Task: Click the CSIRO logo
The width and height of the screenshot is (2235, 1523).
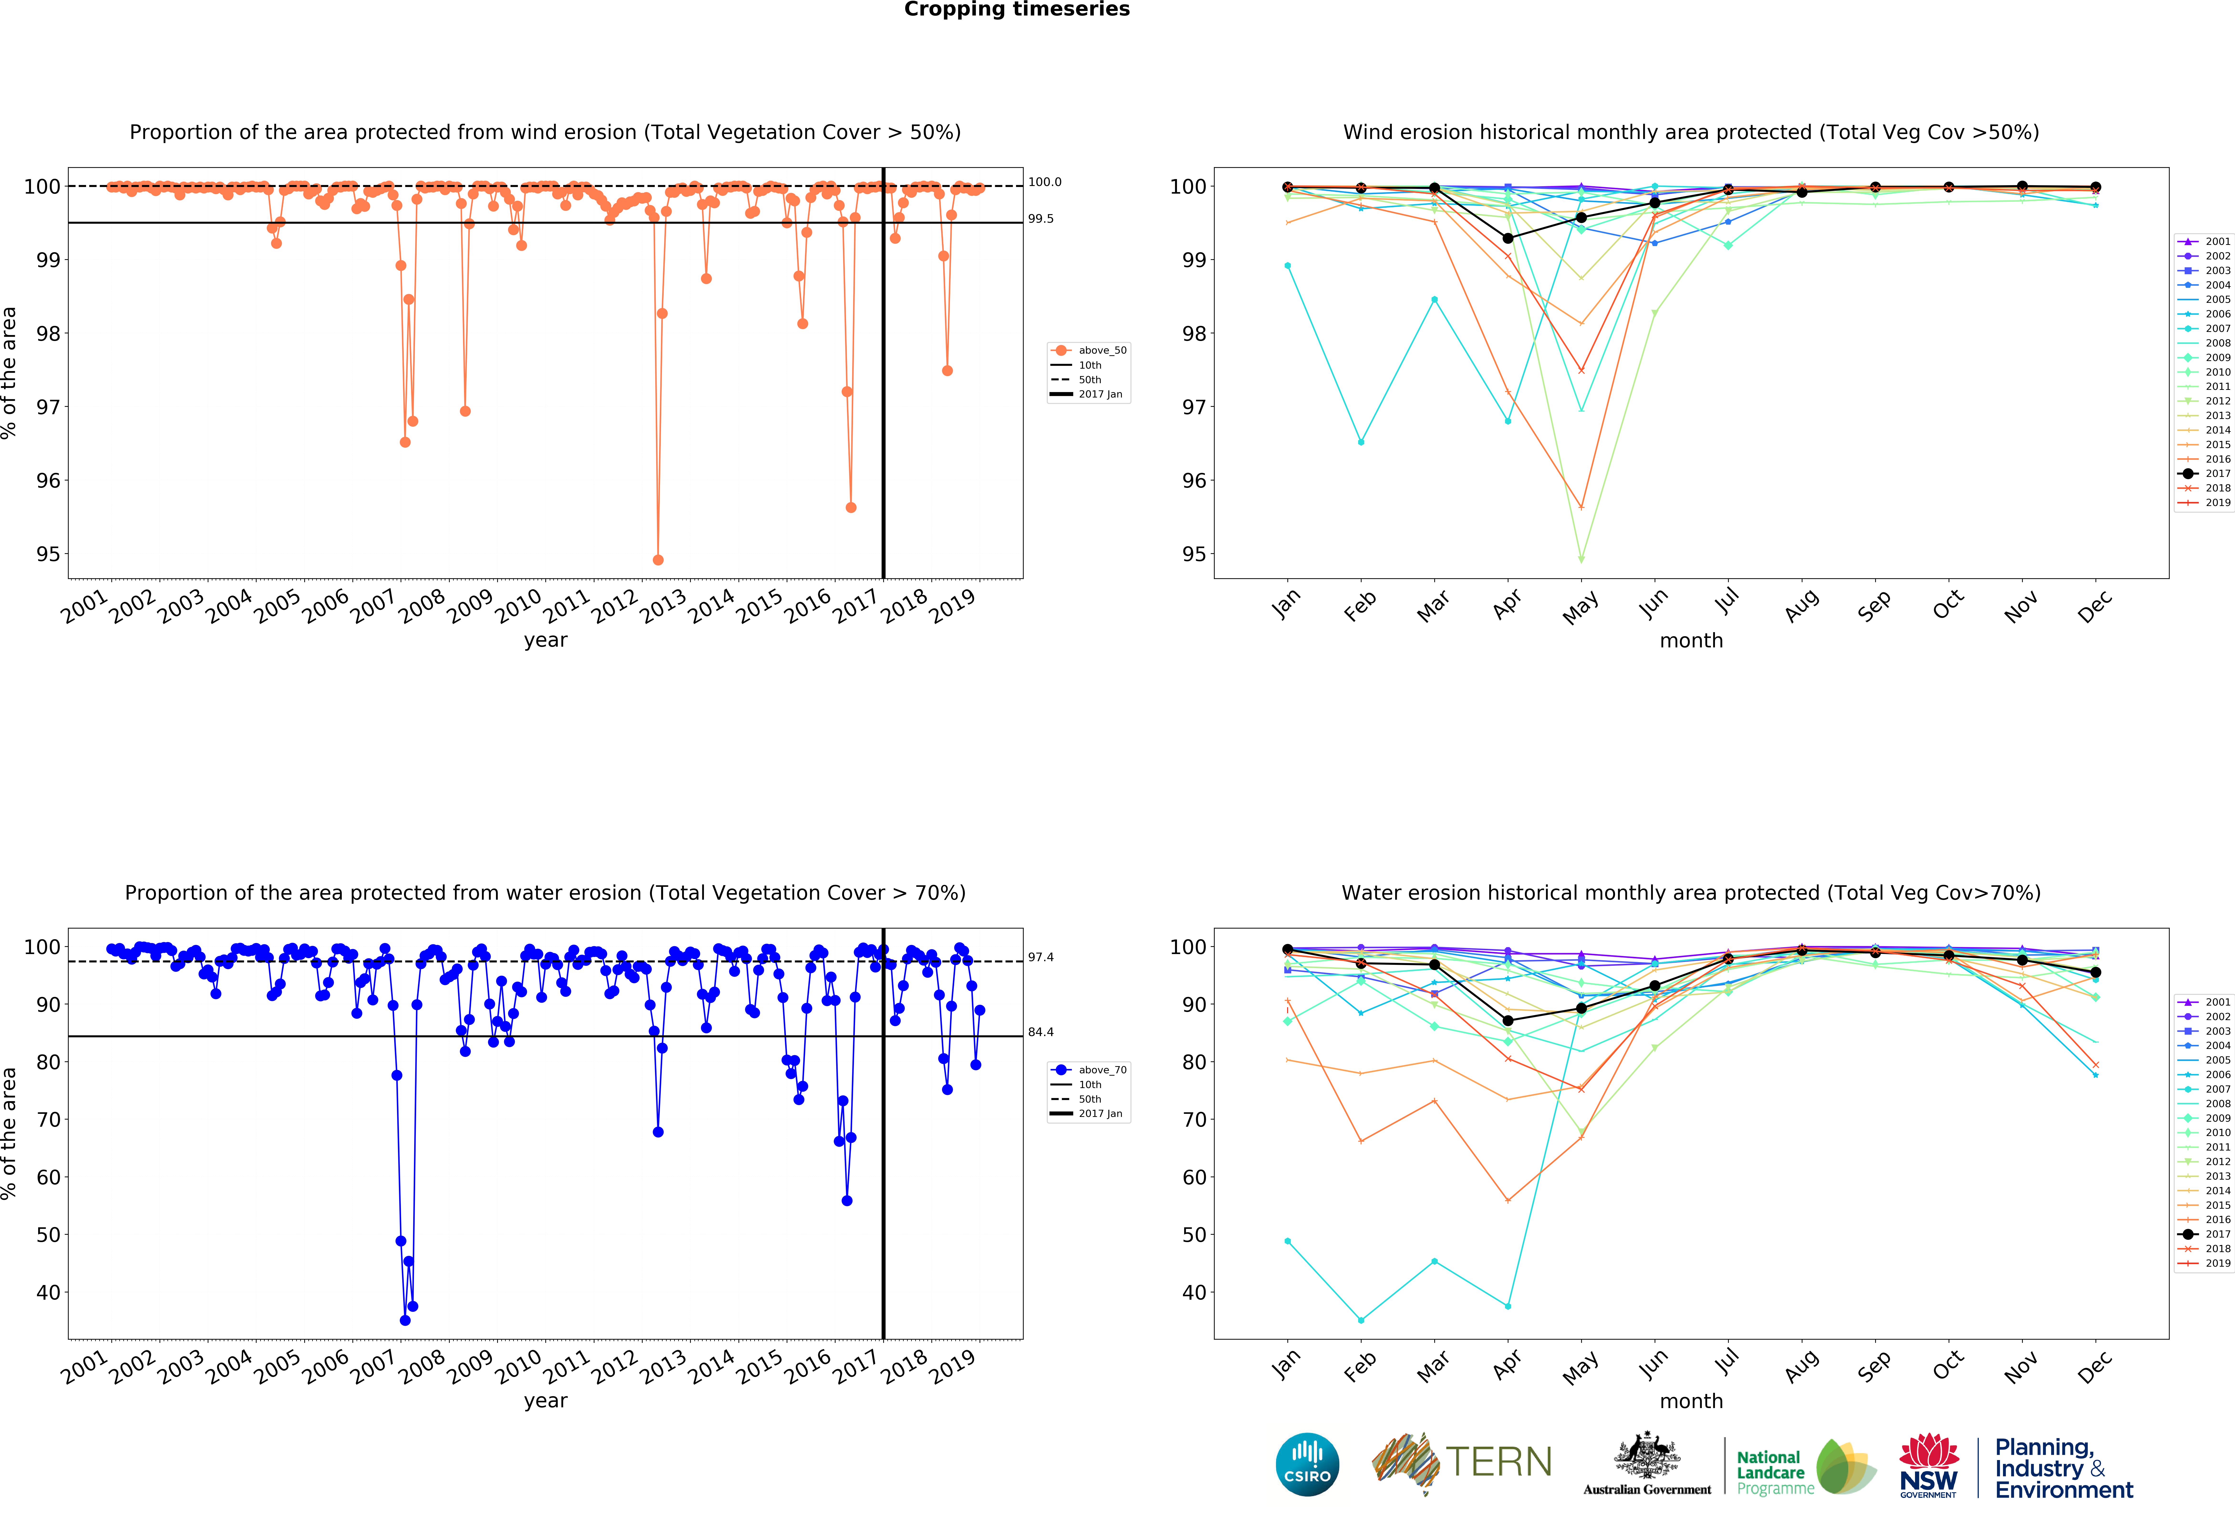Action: pyautogui.click(x=1307, y=1464)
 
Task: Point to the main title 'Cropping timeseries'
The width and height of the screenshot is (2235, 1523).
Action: pyautogui.click(x=1017, y=10)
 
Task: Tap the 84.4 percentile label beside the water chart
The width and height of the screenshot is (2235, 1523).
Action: pyautogui.click(x=1041, y=1032)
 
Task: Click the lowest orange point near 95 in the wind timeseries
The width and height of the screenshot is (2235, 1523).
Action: pyautogui.click(x=658, y=560)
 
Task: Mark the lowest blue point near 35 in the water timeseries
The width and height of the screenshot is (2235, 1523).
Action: pyautogui.click(x=405, y=1320)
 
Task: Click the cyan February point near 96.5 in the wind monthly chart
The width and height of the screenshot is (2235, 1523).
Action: pyautogui.click(x=1361, y=442)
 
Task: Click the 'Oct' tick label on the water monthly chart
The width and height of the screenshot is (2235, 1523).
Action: pyautogui.click(x=1947, y=1365)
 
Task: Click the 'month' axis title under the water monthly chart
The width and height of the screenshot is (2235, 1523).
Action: pyautogui.click(x=1691, y=1401)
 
